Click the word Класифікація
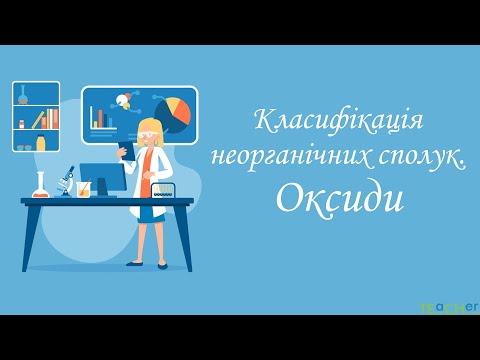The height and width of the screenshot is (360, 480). tap(340, 123)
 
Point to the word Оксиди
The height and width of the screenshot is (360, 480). tap(339, 198)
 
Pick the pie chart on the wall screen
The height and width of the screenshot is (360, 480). tap(173, 113)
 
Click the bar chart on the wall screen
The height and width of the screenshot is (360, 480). tap(100, 117)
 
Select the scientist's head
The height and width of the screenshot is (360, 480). tap(149, 131)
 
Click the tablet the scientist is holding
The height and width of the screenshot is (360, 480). tap(127, 151)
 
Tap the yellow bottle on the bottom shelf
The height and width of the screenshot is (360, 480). tap(41, 142)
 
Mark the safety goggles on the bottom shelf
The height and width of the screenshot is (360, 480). tap(24, 146)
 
